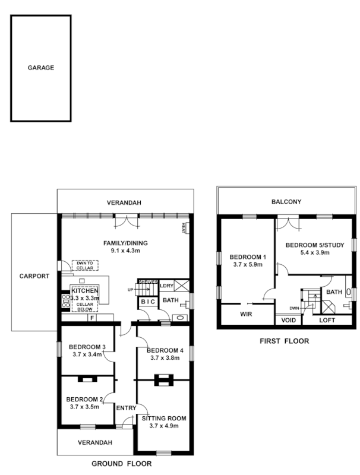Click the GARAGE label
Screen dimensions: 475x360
41,68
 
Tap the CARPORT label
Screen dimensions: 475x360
34,276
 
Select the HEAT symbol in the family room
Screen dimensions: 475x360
185,227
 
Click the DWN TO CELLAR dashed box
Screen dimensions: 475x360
82,266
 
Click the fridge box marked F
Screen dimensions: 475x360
91,318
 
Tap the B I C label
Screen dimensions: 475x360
147,302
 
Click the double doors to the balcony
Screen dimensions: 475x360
292,223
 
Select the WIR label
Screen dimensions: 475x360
247,313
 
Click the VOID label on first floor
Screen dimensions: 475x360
288,320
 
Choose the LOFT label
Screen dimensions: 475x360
327,320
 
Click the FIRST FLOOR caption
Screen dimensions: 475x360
285,341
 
